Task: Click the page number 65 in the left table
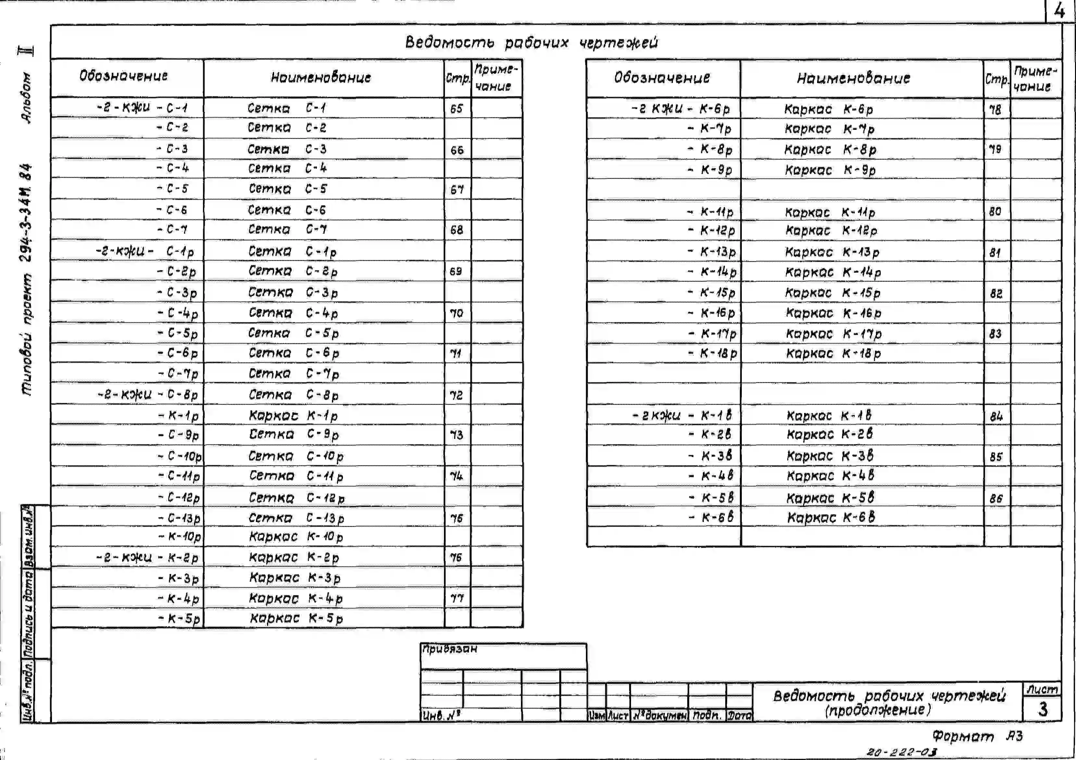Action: [x=456, y=109]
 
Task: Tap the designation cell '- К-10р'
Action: [x=180, y=537]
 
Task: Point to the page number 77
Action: [x=457, y=598]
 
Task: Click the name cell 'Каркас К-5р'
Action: [x=296, y=618]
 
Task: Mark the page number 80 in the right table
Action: [x=995, y=212]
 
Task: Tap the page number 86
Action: [x=996, y=499]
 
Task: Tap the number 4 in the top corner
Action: [x=1059, y=11]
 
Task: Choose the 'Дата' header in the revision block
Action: [x=740, y=716]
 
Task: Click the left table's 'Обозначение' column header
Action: [x=123, y=76]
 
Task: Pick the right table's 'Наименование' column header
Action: [x=854, y=78]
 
